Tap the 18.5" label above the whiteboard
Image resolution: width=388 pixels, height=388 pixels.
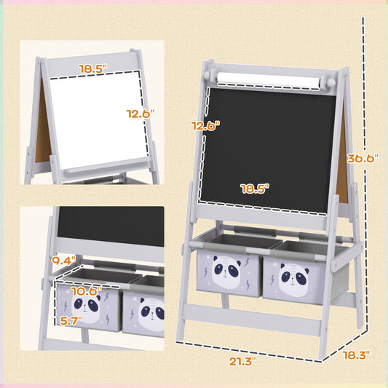(93, 68)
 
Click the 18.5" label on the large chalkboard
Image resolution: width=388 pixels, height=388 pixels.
(255, 188)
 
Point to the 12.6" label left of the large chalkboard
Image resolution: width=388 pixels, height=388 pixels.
(206, 125)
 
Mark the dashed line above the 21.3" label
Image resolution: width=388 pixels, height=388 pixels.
(248, 342)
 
